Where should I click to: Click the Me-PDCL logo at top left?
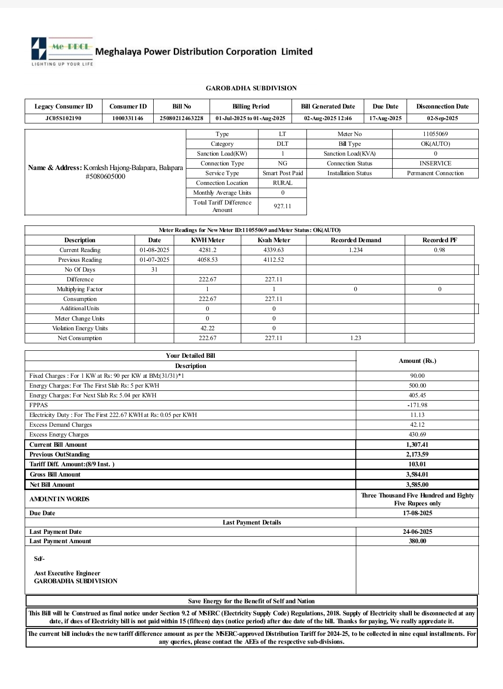point(62,51)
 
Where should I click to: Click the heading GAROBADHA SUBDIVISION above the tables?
point(251,88)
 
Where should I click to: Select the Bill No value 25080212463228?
point(181,118)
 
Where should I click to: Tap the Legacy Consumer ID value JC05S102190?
point(63,118)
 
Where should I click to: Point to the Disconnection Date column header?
point(442,106)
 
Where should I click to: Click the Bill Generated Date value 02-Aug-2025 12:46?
point(328,118)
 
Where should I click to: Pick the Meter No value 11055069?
point(435,134)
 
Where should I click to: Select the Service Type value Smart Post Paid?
point(282,173)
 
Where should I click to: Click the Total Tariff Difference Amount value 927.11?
point(282,206)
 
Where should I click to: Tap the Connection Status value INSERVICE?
point(435,164)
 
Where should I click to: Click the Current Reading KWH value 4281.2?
point(207,250)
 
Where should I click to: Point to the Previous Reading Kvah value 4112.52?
point(273,260)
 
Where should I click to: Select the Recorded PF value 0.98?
point(439,250)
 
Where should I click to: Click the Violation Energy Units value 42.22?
point(207,328)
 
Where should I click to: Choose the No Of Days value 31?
point(154,270)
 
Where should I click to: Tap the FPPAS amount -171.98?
point(417,405)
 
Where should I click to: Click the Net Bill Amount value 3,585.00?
point(417,485)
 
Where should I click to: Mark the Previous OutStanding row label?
point(60,455)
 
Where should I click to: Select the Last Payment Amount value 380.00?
point(417,541)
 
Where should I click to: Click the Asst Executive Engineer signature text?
point(67,573)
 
